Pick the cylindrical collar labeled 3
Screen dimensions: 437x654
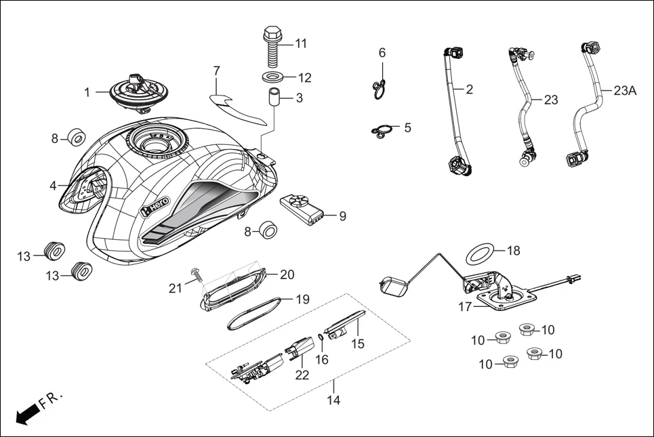pos(273,98)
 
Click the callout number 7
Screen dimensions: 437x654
pos(217,70)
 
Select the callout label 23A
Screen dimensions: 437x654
pos(625,90)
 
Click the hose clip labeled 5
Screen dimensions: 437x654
pos(382,131)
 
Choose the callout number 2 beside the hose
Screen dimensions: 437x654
pos(469,89)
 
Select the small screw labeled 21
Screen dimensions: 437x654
pos(197,274)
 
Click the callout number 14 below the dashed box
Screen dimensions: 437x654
pos(333,400)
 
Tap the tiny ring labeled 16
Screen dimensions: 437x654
pos(321,337)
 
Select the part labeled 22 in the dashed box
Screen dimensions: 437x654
pos(299,350)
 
